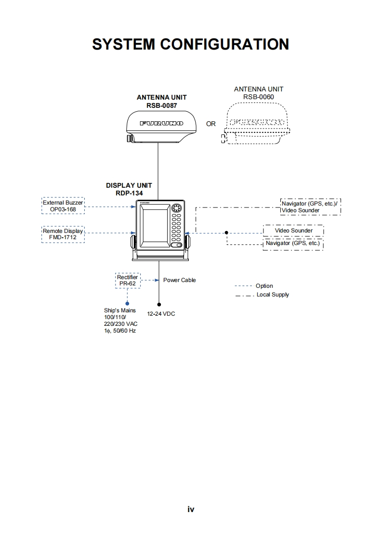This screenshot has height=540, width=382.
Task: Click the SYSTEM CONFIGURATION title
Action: [x=190, y=44]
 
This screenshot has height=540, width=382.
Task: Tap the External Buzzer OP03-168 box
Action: [x=63, y=206]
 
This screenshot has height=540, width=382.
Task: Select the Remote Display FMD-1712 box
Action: [x=63, y=234]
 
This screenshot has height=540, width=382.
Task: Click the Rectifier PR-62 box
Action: [x=127, y=281]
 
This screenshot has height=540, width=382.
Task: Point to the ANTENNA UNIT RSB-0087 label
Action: [x=161, y=101]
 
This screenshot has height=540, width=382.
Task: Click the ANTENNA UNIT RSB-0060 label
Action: [x=258, y=92]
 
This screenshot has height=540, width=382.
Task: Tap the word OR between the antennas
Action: [x=211, y=124]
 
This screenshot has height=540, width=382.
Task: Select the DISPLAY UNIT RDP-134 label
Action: [x=129, y=189]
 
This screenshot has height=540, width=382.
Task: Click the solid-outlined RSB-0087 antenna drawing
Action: [x=156, y=126]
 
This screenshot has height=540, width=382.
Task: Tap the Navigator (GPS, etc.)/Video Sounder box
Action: [x=310, y=207]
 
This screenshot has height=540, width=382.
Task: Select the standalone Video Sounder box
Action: [x=293, y=231]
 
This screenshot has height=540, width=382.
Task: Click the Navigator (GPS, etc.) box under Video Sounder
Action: [x=293, y=244]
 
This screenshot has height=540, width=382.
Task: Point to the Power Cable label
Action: [x=179, y=280]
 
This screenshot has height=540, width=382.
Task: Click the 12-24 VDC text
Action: [x=161, y=314]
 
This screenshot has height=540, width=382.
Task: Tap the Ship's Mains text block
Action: [x=120, y=321]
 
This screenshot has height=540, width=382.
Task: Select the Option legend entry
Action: [x=264, y=286]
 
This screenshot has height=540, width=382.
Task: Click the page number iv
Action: [x=191, y=509]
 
